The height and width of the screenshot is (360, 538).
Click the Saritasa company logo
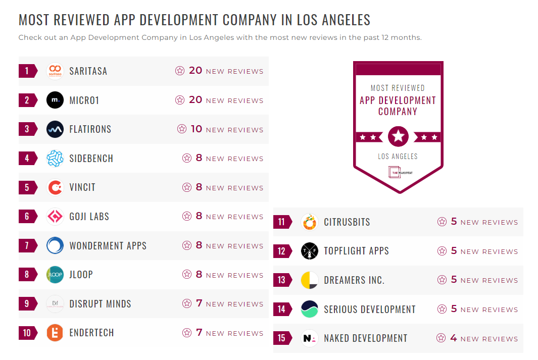click(x=55, y=71)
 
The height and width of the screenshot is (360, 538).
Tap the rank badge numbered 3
click(x=27, y=129)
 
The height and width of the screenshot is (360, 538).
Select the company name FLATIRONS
click(x=90, y=129)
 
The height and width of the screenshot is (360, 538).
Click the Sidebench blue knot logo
click(x=55, y=159)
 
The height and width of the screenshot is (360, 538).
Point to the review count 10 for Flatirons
click(x=196, y=129)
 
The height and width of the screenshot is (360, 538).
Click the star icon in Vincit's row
click(x=187, y=187)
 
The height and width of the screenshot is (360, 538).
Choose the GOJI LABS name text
click(x=89, y=217)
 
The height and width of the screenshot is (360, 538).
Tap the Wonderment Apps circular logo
click(x=55, y=246)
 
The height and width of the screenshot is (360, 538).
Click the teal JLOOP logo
click(x=55, y=275)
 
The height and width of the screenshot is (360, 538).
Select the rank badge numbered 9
click(x=27, y=304)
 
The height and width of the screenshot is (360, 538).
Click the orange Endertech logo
click(x=55, y=333)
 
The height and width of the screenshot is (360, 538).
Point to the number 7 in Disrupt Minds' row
click(x=199, y=303)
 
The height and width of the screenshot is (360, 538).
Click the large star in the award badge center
click(x=398, y=136)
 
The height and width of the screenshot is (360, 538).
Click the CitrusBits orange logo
click(x=309, y=222)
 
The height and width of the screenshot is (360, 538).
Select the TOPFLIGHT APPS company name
click(x=356, y=251)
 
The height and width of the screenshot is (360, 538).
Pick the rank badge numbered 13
click(x=282, y=280)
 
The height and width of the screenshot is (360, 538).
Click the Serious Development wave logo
click(x=309, y=310)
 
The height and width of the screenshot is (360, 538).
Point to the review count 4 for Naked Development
click(x=453, y=338)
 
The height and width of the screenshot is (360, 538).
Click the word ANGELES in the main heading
click(x=348, y=20)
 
